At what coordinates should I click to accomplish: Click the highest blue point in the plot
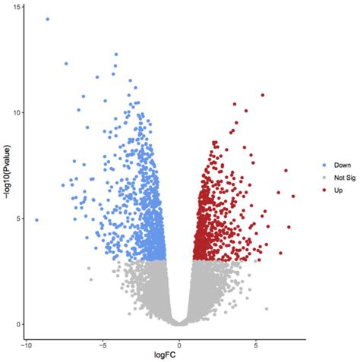(48, 19)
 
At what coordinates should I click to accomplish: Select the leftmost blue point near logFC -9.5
(36, 220)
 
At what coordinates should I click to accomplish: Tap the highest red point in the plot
(263, 96)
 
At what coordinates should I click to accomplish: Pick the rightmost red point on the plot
(293, 197)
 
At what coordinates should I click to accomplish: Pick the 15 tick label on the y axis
(15, 7)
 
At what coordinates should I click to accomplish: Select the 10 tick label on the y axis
(15, 112)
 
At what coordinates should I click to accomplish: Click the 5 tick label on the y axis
(17, 219)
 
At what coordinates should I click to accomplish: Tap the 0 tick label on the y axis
(17, 325)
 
